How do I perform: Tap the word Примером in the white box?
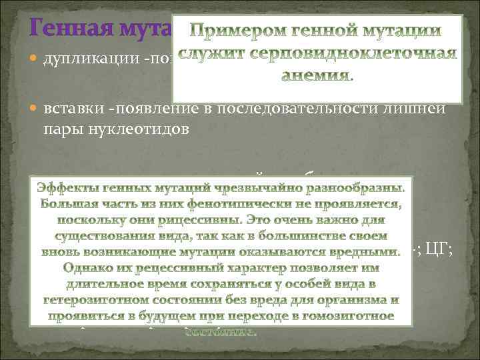click(230, 31)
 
